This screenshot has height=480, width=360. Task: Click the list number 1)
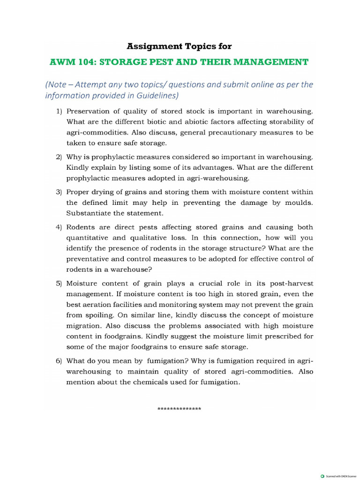[x=59, y=112]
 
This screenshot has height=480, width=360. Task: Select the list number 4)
[x=59, y=227]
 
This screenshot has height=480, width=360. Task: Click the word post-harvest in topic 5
[x=290, y=284]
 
